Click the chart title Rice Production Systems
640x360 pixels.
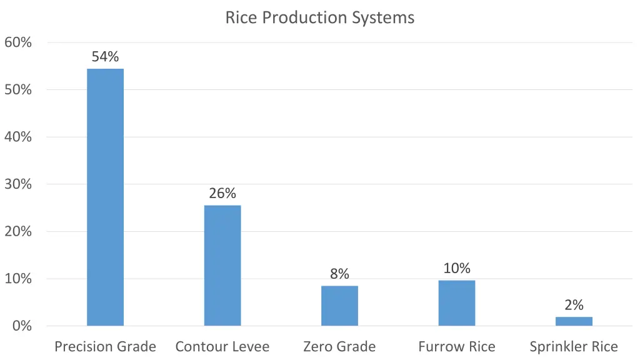point(319,17)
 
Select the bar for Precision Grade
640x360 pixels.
point(105,197)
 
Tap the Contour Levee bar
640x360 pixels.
point(222,265)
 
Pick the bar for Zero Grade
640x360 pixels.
point(339,306)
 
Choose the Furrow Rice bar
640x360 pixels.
point(456,303)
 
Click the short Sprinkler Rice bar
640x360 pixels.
point(574,321)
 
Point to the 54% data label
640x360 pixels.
point(105,57)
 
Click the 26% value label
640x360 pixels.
point(222,194)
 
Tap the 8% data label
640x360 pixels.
point(339,274)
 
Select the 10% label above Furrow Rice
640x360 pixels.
point(456,269)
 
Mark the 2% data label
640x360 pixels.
point(574,305)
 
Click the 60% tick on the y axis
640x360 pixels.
point(18,42)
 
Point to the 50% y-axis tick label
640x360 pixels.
point(18,90)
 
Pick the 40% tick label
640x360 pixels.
point(18,137)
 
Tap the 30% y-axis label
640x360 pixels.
point(18,184)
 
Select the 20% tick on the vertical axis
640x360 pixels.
point(18,231)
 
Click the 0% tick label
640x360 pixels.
point(22,326)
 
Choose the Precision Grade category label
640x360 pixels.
point(105,346)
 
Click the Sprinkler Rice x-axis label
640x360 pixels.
point(574,346)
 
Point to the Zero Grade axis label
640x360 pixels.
point(339,346)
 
